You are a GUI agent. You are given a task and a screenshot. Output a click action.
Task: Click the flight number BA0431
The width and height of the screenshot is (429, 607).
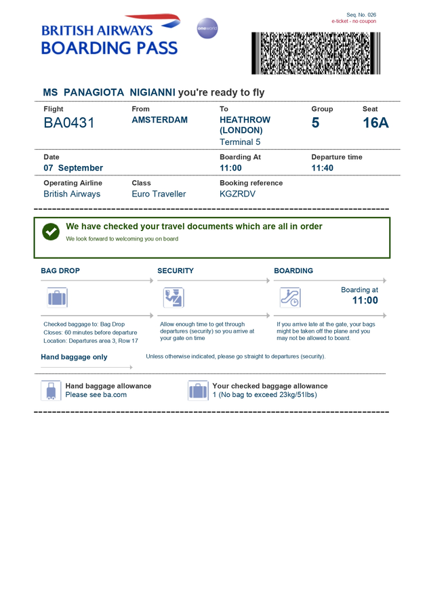[69, 123]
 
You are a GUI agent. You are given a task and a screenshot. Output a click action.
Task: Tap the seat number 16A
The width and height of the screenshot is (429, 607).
[375, 123]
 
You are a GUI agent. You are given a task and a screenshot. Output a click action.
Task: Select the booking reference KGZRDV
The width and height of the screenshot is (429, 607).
[238, 194]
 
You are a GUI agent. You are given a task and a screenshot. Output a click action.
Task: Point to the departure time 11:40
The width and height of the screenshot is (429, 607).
[323, 168]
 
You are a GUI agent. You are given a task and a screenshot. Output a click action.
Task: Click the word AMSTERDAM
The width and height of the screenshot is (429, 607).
[159, 120]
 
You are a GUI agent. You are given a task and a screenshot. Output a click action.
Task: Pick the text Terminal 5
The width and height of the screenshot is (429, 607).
[240, 142]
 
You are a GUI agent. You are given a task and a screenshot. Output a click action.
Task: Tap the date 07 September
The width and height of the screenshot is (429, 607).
[73, 168]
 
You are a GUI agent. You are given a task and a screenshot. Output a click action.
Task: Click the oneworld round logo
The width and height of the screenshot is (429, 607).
[207, 28]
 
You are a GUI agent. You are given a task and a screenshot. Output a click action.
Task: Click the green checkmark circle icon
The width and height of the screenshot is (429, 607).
[51, 232]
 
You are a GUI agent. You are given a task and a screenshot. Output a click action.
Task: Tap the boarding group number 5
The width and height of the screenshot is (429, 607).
[315, 123]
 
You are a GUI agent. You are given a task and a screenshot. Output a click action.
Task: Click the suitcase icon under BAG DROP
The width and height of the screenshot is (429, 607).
[57, 297]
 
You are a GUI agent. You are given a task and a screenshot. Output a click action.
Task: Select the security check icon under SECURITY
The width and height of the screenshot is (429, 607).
[173, 297]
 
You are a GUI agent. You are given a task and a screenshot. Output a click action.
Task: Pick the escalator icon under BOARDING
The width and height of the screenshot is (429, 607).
[290, 297]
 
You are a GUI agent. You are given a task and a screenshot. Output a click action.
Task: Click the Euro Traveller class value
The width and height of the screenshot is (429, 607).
[159, 194]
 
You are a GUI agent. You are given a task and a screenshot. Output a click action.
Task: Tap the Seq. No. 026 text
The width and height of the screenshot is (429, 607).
[361, 15]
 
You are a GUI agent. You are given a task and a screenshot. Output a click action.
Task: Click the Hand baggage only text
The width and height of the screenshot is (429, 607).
[74, 357]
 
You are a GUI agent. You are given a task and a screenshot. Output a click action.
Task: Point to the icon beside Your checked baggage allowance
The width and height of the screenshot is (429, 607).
[198, 391]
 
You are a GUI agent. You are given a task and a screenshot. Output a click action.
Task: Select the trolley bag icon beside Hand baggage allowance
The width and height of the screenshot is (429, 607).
[51, 391]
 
